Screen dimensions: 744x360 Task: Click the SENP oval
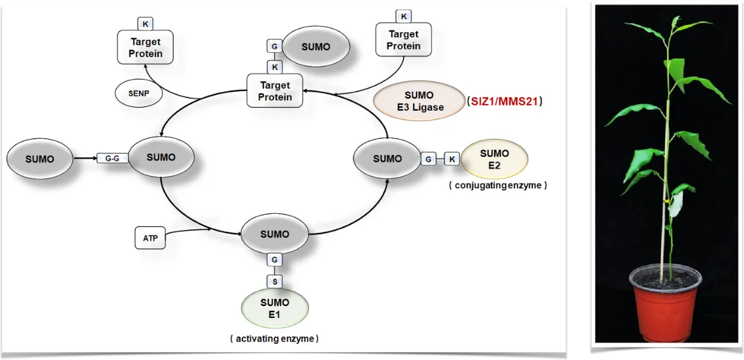click(135, 94)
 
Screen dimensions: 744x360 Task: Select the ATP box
click(151, 238)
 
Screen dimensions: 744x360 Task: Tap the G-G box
click(112, 159)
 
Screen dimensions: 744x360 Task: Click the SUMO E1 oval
click(275, 308)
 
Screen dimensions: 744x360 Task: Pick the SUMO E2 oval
click(494, 159)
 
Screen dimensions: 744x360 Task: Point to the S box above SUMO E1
click(275, 281)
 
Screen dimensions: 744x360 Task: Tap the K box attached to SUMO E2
click(452, 159)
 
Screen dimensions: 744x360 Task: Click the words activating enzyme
click(274, 339)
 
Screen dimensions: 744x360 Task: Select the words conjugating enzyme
click(498, 185)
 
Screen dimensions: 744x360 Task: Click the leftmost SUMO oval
click(40, 159)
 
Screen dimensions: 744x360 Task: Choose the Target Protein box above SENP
click(146, 48)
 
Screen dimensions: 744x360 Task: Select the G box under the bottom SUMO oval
click(275, 259)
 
